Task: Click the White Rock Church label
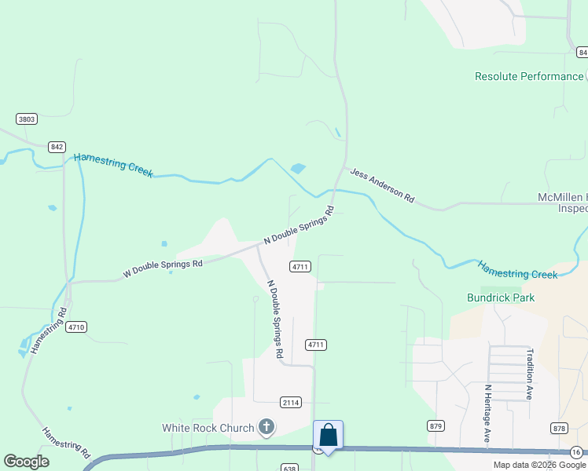coord(208,428)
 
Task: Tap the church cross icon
coord(266,428)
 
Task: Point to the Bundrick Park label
coord(501,298)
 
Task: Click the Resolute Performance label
coord(528,76)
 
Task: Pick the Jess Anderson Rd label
coord(381,185)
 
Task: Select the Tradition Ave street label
coord(530,374)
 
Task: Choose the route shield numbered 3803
coord(27,119)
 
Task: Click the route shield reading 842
coord(56,147)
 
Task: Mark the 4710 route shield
coord(76,327)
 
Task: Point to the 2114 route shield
coord(291,402)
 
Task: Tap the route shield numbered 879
coord(437,425)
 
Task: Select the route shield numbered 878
coord(559,428)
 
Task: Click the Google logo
coord(26,462)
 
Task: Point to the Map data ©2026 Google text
coord(538,465)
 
